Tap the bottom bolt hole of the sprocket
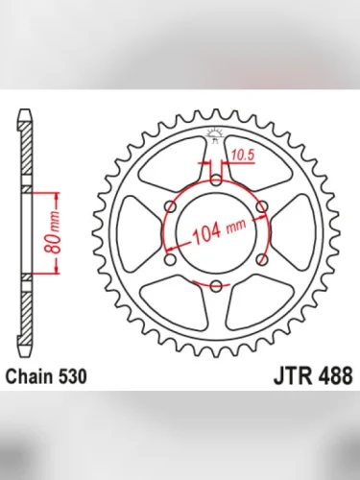217,285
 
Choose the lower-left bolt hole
171,257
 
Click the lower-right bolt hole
263,257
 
